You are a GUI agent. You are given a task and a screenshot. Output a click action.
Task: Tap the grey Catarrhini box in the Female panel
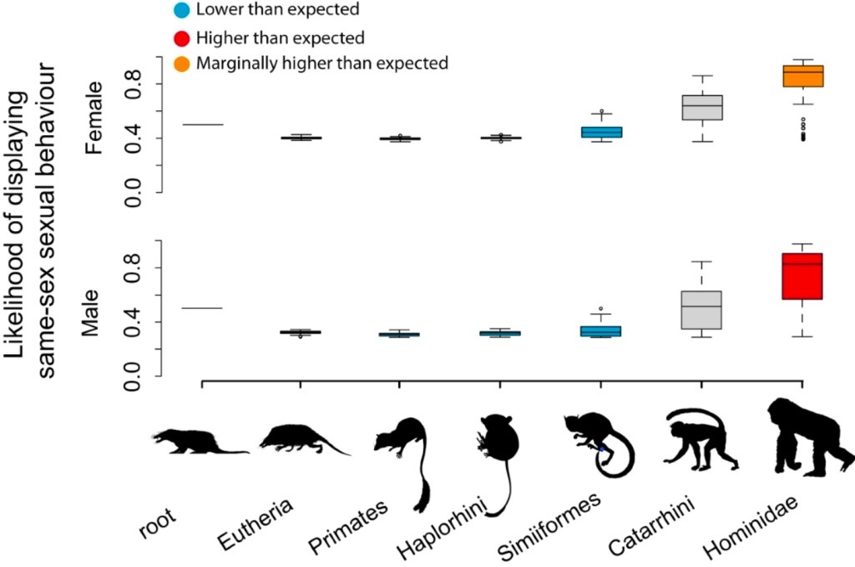coord(702,107)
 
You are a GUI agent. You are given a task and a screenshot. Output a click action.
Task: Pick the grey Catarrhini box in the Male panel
coord(702,310)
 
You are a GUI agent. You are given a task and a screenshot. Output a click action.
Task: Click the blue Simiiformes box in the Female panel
coord(602,132)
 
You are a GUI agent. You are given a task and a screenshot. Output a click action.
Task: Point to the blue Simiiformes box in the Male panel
coord(602,331)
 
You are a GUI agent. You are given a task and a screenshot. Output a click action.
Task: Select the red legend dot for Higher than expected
coord(181,38)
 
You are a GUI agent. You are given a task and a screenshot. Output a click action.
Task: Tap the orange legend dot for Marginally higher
coord(181,63)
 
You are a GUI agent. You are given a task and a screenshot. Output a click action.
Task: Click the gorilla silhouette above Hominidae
coord(806,437)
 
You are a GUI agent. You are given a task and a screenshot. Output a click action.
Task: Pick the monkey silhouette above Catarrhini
coord(700,442)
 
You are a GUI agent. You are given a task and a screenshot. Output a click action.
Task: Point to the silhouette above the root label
coord(200,441)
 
